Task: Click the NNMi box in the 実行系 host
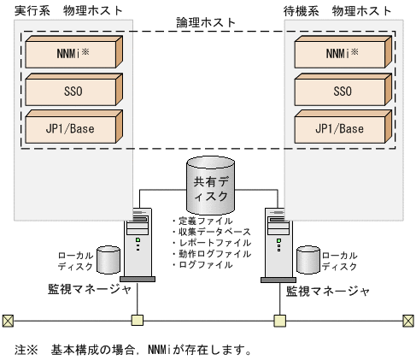(x=72, y=54)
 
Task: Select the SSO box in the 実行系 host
(x=72, y=91)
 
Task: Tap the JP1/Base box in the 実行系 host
(x=72, y=127)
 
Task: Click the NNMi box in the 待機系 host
(x=343, y=54)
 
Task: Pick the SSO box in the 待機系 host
(x=343, y=91)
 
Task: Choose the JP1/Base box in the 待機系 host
(x=343, y=127)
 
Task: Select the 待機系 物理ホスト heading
(x=343, y=10)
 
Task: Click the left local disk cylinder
(x=108, y=258)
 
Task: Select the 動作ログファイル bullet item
(x=212, y=254)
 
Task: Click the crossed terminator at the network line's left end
(x=8, y=321)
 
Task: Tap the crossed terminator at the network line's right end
(x=407, y=321)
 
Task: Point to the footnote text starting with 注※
(x=132, y=350)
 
